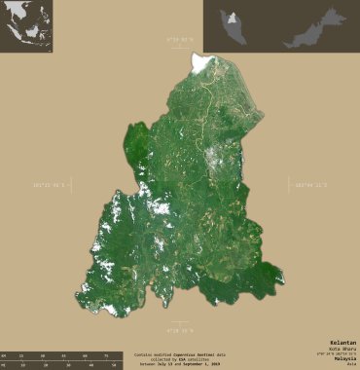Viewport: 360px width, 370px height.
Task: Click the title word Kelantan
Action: click(x=342, y=342)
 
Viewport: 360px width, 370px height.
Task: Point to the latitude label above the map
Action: click(x=180, y=40)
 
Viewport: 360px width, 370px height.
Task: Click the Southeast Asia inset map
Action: click(x=26, y=26)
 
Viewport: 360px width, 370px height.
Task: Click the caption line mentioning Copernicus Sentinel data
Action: click(x=180, y=354)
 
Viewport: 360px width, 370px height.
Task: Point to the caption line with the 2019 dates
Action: click(x=180, y=365)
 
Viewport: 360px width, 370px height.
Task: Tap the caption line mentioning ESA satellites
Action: click(x=180, y=360)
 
